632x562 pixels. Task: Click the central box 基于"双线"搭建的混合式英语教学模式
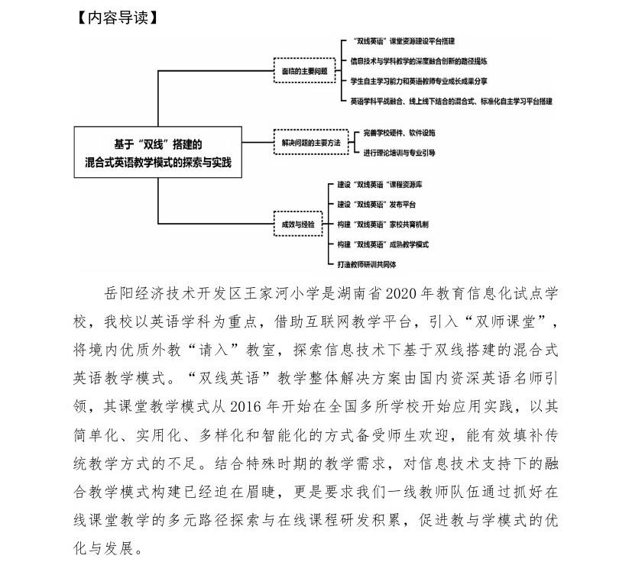pyautogui.click(x=157, y=152)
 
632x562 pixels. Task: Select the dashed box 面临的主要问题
pyautogui.click(x=304, y=70)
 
